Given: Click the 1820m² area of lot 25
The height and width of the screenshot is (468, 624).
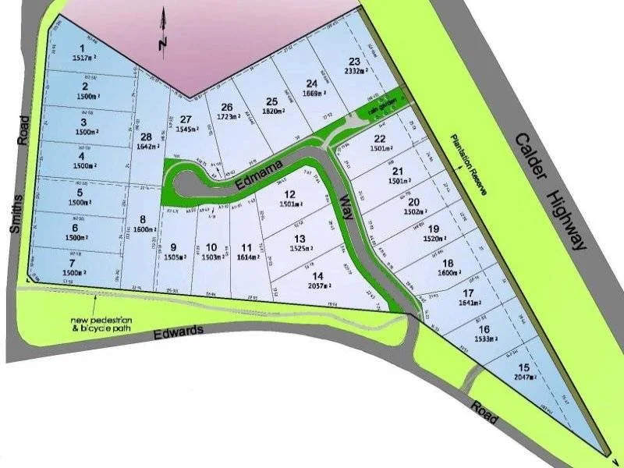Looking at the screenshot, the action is (271, 112).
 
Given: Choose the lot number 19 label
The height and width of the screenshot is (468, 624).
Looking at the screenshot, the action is (434, 229).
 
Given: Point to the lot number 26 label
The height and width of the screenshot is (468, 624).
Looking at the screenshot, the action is (226, 108).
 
